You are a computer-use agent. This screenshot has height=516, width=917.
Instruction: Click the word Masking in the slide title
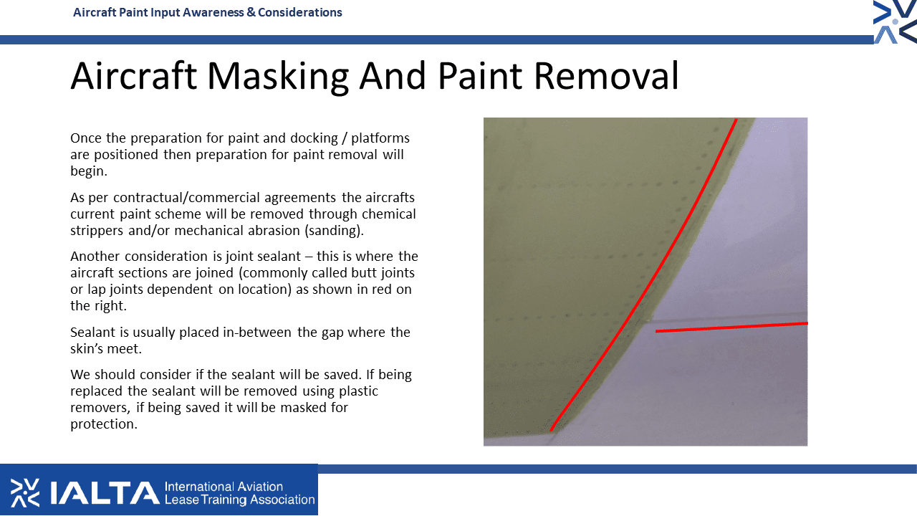278,77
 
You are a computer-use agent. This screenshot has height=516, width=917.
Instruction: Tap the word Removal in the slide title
607,75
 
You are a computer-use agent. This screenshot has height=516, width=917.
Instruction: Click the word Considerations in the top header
299,12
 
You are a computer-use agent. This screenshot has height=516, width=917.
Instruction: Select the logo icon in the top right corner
895,21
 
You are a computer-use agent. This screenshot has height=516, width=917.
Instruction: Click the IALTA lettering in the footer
105,492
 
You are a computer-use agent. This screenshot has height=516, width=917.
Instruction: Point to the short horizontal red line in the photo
731,328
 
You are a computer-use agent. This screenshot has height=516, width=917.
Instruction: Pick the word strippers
97,231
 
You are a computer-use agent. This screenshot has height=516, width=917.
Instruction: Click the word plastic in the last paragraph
358,391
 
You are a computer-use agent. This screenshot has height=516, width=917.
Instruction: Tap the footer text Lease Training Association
239,500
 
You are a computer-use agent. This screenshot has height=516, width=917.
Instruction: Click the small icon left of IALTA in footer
25,492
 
